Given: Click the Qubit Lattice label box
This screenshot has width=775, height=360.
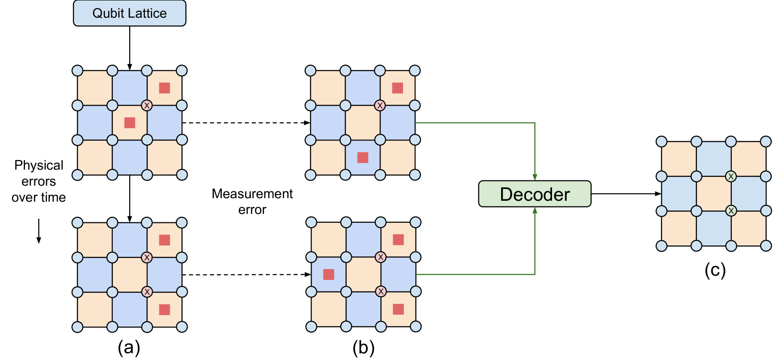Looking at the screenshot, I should tap(130, 13).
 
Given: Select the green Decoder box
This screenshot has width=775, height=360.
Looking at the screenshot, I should tap(535, 194).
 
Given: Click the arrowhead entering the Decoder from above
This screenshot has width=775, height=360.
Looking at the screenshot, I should tap(535, 177).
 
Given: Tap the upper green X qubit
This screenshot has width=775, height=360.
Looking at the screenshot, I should tap(731, 177).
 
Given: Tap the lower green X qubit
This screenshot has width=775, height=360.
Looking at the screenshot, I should tap(731, 211).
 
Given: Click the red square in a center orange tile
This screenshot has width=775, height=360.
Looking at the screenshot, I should tap(130, 123).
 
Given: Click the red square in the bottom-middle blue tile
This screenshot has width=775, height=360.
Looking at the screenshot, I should tap(363, 157).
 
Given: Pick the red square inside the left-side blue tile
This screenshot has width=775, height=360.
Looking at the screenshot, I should tap(329, 274).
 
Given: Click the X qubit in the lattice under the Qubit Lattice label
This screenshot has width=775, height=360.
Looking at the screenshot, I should tap(147, 106).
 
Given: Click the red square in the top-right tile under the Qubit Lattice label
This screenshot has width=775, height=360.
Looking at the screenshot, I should tap(165, 88).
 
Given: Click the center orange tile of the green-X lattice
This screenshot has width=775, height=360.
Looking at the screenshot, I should tap(714, 194).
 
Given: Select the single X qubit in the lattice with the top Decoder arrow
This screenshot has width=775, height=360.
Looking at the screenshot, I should tap(380, 106).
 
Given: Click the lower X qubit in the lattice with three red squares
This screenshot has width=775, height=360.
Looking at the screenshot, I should tap(381, 292).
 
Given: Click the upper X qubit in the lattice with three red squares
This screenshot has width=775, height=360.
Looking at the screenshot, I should tap(381, 257).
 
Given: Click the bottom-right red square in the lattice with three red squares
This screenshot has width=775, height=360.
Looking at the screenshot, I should tap(398, 309).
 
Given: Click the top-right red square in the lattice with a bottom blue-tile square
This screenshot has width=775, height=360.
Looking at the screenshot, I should tap(397, 88).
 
